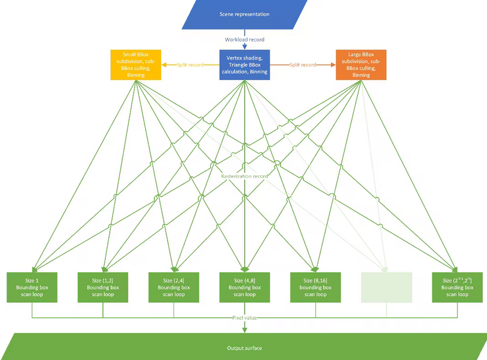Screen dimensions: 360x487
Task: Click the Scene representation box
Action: pyautogui.click(x=244, y=14)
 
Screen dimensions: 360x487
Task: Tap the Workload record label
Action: pyautogui.click(x=244, y=40)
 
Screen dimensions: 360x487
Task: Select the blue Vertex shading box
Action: pyautogui.click(x=244, y=64)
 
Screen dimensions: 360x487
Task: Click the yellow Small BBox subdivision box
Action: pyautogui.click(x=135, y=65)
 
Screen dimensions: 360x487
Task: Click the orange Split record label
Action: pyautogui.click(x=303, y=64)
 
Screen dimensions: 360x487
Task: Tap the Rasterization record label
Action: pyautogui.click(x=244, y=176)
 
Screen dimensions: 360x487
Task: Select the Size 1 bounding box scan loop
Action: pyautogui.click(x=32, y=287)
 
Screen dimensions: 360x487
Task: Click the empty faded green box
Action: pyautogui.click(x=386, y=287)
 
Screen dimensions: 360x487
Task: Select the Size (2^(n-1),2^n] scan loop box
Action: pyautogui.click(x=457, y=287)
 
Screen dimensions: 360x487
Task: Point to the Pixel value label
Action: pyautogui.click(x=244, y=317)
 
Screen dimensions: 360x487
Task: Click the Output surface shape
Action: pyautogui.click(x=244, y=348)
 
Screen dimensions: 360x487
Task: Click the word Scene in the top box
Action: pyautogui.click(x=228, y=14)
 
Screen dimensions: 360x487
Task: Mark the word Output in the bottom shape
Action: pyautogui.click(x=235, y=348)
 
